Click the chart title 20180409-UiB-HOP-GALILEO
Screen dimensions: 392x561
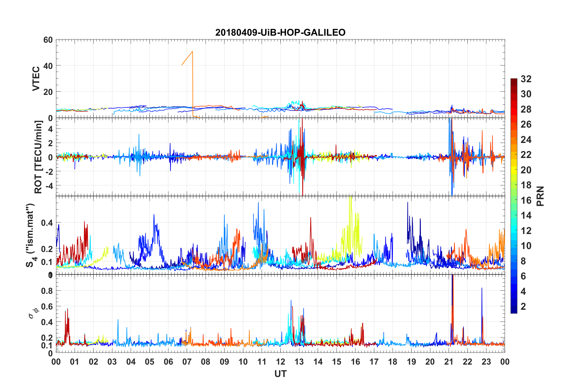(280, 32)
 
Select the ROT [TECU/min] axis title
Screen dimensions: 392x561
(38, 157)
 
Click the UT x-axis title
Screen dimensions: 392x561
(280, 374)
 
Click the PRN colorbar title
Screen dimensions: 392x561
(540, 196)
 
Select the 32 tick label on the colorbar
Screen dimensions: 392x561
(526, 79)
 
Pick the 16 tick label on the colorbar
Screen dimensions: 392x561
(526, 200)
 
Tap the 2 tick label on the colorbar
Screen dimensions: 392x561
(523, 307)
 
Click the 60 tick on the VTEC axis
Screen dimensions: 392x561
(48, 40)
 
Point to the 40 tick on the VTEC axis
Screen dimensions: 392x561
(48, 66)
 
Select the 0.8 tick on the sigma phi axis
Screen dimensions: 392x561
(47, 291)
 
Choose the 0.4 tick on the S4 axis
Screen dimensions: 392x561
(47, 223)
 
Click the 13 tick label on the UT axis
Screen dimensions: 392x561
(299, 362)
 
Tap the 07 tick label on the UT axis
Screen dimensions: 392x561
(187, 362)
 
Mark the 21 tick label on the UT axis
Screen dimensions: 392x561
(449, 362)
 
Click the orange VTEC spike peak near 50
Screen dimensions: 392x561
(192, 52)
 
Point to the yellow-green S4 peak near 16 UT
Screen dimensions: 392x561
(350, 197)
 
